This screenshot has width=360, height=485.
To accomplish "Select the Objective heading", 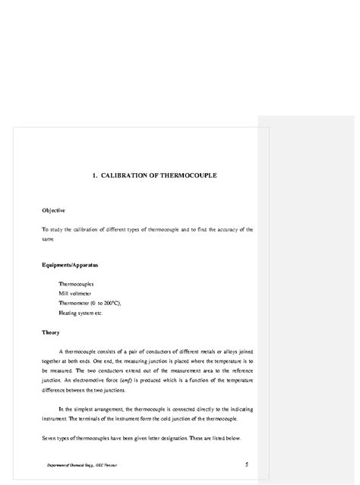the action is point(53,210).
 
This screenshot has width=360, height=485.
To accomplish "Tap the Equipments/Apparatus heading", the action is point(70,265).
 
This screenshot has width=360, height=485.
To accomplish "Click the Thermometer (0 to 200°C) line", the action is point(90,303).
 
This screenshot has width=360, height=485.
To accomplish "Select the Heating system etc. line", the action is point(81,313).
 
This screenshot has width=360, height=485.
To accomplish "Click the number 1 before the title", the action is point(94,175).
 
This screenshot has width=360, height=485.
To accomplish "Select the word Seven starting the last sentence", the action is point(50,439).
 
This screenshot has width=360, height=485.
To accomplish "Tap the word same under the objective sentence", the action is point(49,238).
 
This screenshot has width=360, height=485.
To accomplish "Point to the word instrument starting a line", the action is point(55,419).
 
